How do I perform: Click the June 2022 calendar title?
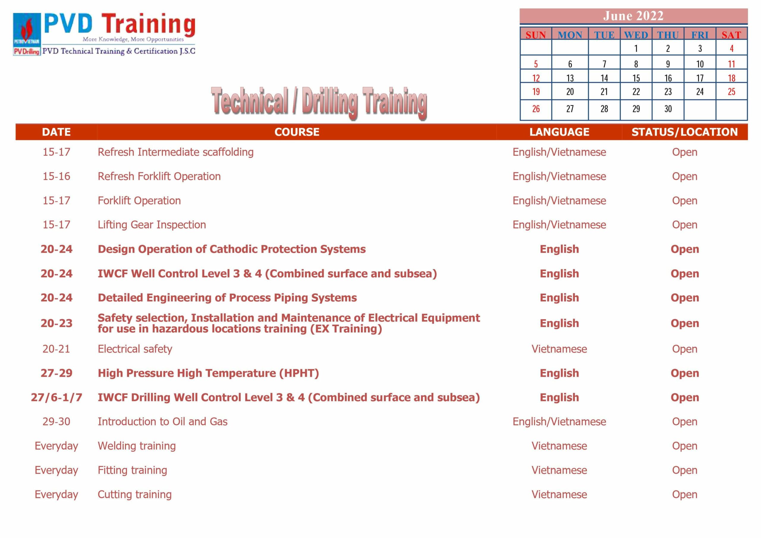click(x=633, y=16)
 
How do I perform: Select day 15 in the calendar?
click(x=636, y=78)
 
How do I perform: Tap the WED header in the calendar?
click(x=636, y=35)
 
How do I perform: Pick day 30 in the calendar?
click(x=668, y=109)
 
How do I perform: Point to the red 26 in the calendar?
click(x=536, y=109)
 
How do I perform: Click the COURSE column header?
click(x=297, y=132)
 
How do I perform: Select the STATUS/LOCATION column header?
click(x=684, y=132)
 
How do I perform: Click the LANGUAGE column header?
click(x=559, y=132)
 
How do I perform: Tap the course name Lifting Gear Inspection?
click(x=152, y=225)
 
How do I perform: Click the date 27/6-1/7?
click(x=56, y=397)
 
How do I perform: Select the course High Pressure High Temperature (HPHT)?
click(x=208, y=373)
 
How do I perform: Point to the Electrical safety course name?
click(x=135, y=349)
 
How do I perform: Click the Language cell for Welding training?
click(x=559, y=446)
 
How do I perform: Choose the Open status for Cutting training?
click(x=684, y=495)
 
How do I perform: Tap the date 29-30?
click(x=56, y=422)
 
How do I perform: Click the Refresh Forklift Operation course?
click(x=159, y=176)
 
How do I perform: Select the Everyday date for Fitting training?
click(x=56, y=470)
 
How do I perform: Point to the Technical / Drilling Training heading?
click(x=319, y=103)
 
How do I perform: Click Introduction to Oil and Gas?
click(x=162, y=422)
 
